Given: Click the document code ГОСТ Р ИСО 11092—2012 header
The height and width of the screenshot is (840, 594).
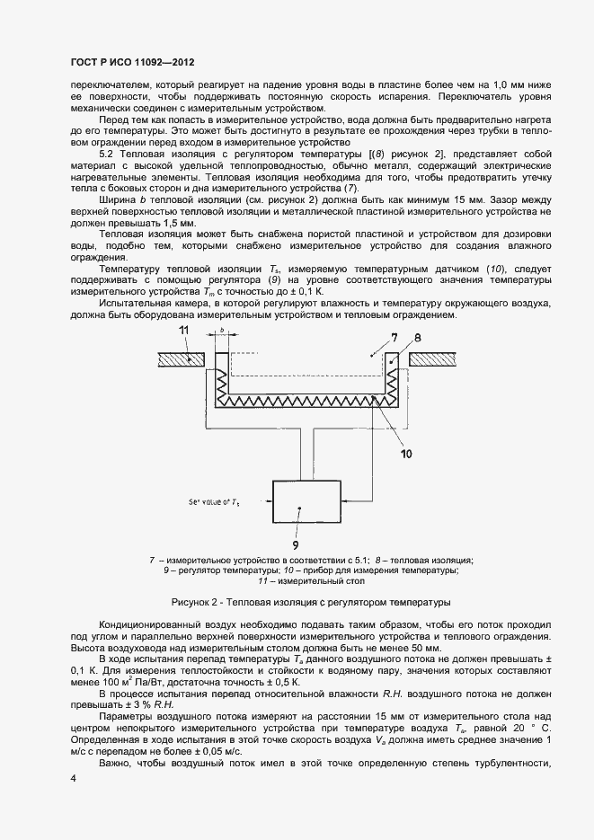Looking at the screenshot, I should click(131, 63).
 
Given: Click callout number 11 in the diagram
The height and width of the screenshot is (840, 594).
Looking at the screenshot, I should click(184, 333).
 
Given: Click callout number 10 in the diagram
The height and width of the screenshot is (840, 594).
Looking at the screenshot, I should click(406, 454).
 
